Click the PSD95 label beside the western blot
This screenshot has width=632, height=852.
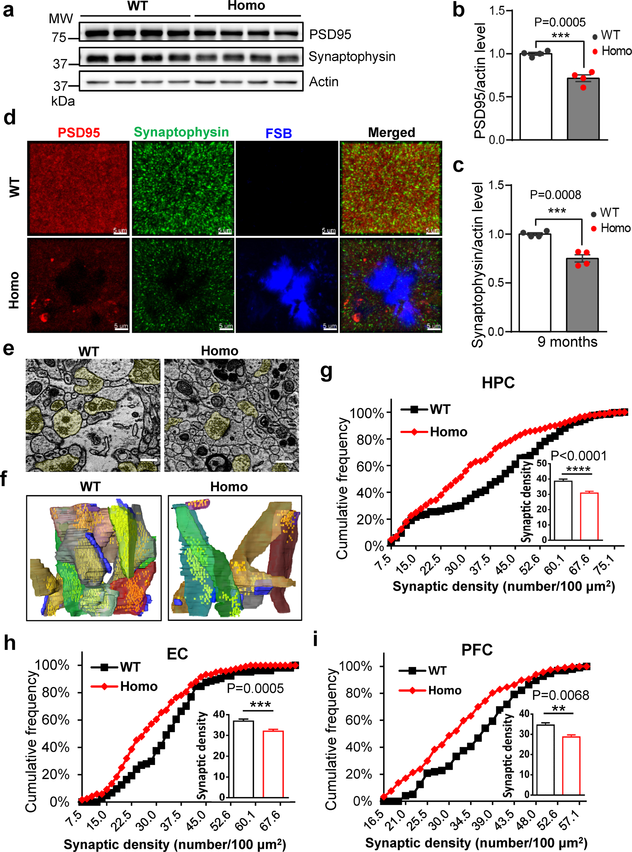point(330,35)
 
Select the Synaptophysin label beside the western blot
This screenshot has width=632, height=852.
point(352,57)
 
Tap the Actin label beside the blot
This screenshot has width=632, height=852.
point(324,82)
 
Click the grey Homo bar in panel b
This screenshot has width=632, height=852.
point(583,109)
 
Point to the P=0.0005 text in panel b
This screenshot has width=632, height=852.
point(559,23)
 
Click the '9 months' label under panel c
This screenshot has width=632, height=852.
point(567,341)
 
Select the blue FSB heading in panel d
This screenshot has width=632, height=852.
point(278,133)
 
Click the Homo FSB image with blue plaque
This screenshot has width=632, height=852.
point(287,285)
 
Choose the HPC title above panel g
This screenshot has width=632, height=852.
point(498,383)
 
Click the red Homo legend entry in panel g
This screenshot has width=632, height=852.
point(434,432)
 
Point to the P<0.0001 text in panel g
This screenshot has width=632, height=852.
point(578,456)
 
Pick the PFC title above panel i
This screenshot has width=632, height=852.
point(477,650)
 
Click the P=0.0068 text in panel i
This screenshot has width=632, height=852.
point(561,695)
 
